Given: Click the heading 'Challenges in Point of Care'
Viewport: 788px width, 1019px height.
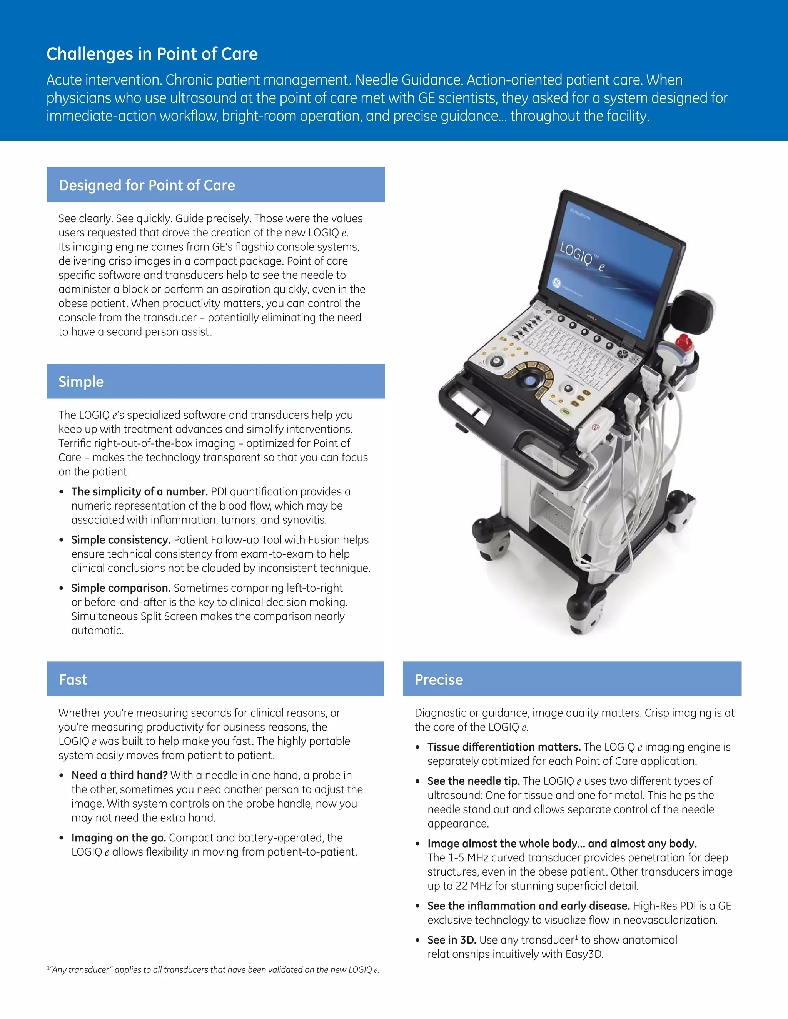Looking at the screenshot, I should point(152,54).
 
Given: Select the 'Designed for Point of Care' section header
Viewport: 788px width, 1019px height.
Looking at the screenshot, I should point(147,185).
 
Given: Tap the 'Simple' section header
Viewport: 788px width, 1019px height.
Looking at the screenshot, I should point(81,382).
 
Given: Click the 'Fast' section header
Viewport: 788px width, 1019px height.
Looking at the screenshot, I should point(73,680).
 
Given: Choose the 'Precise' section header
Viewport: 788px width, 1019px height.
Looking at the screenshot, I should point(439,680).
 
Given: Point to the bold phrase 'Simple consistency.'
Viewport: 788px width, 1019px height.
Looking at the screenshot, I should point(121,540).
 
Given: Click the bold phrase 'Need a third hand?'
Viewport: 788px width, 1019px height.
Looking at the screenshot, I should point(120,776).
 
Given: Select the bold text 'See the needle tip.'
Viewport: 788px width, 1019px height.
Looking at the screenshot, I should point(473,781).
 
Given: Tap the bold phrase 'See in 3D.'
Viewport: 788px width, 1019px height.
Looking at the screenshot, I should point(451,940).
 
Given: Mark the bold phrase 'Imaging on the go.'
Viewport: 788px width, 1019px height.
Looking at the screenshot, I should point(119,838).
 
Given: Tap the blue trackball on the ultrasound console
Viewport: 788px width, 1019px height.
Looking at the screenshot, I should point(529,380).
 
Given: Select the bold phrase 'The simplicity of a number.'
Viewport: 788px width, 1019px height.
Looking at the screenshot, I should point(139,492).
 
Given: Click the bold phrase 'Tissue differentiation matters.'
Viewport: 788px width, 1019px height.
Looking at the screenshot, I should point(504,747).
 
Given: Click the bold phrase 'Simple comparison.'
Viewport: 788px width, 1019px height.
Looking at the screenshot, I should point(121,588).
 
